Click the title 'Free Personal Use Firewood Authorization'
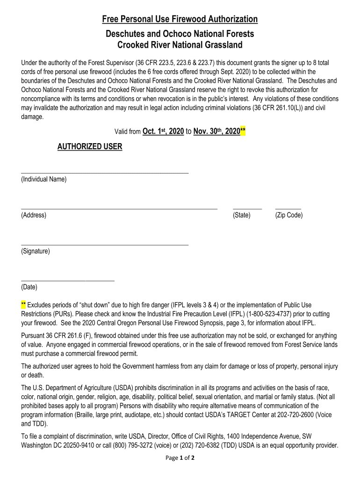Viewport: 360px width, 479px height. click(180, 19)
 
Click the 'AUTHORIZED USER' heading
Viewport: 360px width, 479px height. click(90, 147)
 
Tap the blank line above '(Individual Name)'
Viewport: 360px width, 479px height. click(105, 173)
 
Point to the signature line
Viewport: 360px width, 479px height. click(105, 245)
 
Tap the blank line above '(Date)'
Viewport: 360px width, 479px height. click(68, 280)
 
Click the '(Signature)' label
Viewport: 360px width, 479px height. click(36, 252)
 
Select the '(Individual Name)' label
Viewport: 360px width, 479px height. click(44, 180)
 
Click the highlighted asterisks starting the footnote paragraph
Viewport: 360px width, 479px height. click(24, 305)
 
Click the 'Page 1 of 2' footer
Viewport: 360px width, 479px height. click(180, 458)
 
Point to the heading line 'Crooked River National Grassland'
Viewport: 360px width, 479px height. click(180, 45)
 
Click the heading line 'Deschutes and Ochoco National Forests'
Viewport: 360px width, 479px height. click(180, 34)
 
